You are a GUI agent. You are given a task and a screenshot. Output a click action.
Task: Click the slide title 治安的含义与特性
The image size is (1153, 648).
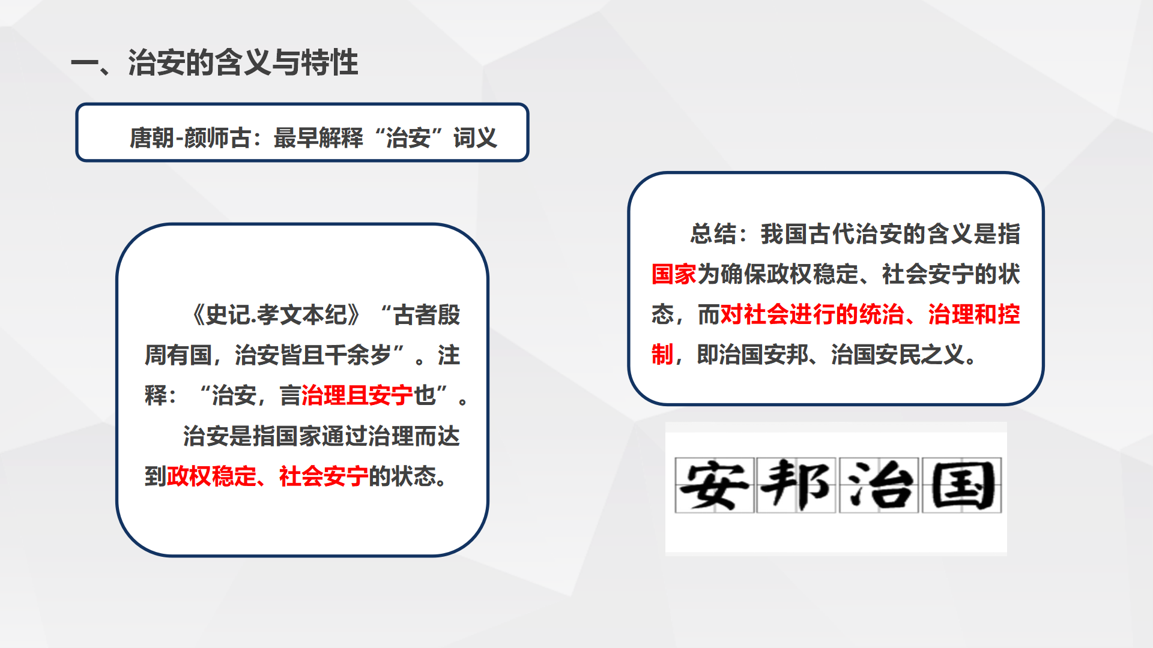point(243,62)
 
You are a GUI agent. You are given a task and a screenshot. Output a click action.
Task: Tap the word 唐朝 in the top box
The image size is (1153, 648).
point(152,138)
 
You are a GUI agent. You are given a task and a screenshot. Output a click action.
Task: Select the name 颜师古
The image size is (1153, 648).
point(217,138)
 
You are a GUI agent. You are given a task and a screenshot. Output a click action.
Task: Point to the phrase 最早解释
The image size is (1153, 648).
point(318,138)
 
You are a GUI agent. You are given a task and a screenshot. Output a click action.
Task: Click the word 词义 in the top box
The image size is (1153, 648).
point(475,138)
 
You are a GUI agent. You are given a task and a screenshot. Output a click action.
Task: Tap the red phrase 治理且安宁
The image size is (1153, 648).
point(357,395)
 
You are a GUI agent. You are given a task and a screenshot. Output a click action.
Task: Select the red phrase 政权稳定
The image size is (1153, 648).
point(211,476)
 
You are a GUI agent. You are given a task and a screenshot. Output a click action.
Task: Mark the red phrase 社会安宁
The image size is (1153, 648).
point(323,476)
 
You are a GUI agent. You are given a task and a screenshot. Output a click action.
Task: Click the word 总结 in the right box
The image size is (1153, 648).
point(713,234)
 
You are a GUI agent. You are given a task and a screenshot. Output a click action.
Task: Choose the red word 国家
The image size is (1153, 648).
point(674,274)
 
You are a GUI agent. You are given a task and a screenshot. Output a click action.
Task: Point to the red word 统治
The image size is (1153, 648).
point(882,314)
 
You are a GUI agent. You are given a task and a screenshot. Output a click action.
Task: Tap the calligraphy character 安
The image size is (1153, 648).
point(714,485)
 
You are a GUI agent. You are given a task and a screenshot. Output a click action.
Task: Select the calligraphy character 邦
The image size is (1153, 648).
point(796,485)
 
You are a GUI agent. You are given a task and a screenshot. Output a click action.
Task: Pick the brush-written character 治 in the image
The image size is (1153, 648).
point(879,485)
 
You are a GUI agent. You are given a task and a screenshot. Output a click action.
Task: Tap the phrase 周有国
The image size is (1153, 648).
point(178,355)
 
